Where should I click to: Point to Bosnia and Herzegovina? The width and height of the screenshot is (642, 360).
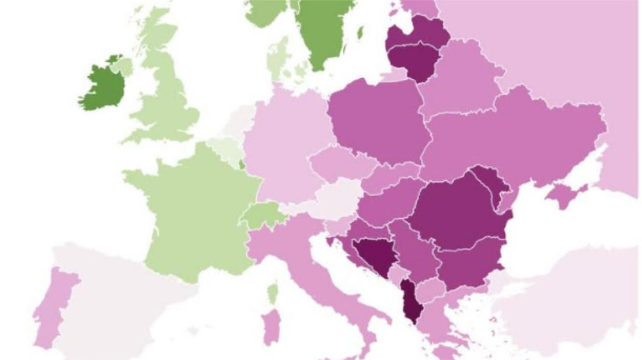(x=374, y=254)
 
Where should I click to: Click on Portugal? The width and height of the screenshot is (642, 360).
(x=53, y=303)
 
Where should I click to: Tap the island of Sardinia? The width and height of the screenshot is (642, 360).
(x=270, y=327)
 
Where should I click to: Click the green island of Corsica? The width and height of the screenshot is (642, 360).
(x=272, y=292)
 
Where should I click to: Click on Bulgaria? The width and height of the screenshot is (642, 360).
(x=467, y=265)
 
